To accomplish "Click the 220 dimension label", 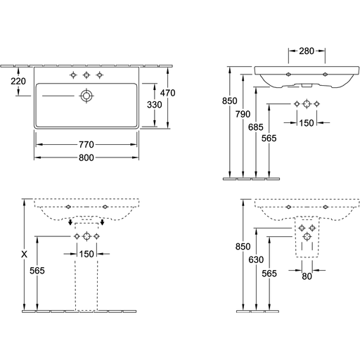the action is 18,82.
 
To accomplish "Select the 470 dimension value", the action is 167,93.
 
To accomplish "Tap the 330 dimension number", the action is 155,105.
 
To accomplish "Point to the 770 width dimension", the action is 86,145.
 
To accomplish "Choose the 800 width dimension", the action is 86,157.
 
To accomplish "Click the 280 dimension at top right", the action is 307,51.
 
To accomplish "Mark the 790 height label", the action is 243,114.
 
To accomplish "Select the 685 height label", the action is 256,127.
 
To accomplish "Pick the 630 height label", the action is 256,259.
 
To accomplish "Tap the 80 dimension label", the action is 307,276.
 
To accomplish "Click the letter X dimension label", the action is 24,255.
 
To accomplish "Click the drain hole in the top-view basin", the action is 86,96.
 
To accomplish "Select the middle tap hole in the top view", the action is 86,75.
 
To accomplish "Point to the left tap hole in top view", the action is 73,75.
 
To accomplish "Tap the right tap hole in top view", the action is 100,75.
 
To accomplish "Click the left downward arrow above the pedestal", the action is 70,222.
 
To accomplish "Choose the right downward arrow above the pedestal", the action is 102,222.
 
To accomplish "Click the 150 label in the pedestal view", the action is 86,254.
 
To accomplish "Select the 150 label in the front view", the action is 307,123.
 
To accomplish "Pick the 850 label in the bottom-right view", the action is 243,247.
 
